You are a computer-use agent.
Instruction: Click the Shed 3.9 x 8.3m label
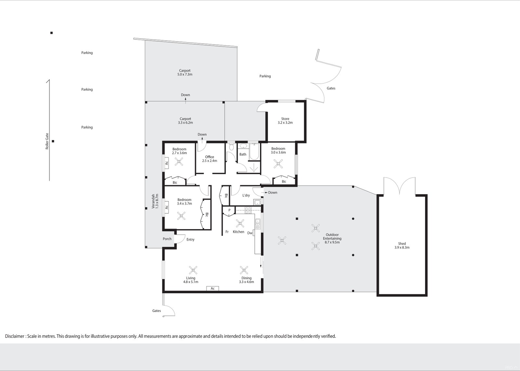pos(402,245)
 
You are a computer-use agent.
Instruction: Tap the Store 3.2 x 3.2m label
pos(285,121)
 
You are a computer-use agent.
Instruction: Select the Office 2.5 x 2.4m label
pos(209,159)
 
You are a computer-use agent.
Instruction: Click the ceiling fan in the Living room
pos(193,270)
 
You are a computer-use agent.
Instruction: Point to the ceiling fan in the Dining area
pos(244,270)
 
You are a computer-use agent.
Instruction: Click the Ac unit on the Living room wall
pos(213,288)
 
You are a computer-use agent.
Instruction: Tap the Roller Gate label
pos(47,141)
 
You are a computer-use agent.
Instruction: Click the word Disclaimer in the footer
pos(15,336)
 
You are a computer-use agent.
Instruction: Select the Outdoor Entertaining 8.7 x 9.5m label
pos(332,238)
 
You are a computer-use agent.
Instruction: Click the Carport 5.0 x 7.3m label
pos(185,72)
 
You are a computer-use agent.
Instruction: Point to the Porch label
pos(167,239)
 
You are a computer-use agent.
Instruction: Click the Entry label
pos(190,240)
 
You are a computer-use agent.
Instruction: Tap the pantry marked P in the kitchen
pos(229,210)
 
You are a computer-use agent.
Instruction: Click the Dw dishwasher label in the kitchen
pos(250,233)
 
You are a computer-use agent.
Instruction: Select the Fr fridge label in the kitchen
pos(227,232)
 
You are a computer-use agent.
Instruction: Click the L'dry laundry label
pos(246,195)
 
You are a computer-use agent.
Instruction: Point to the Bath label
pos(243,154)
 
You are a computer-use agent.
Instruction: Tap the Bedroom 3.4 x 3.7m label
pos(184,202)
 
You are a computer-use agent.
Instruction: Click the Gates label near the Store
pos(331,88)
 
